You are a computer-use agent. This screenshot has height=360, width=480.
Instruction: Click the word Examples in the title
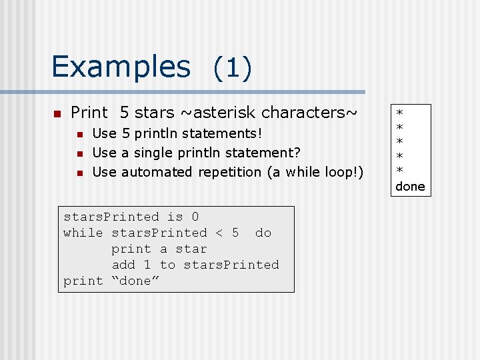click(x=121, y=67)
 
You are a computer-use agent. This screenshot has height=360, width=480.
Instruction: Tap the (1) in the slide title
click(x=232, y=68)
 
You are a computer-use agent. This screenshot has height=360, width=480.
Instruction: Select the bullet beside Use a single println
click(x=79, y=154)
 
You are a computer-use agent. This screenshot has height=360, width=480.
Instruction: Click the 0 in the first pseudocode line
click(x=195, y=217)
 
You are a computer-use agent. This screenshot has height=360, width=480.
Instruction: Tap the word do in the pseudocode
click(x=263, y=233)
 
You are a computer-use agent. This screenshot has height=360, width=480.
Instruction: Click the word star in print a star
click(x=191, y=249)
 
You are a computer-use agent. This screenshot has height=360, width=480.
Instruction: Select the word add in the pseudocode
click(x=123, y=265)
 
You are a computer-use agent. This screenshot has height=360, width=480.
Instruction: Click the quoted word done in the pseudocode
click(x=135, y=281)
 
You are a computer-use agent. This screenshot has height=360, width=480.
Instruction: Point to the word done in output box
click(x=410, y=186)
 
